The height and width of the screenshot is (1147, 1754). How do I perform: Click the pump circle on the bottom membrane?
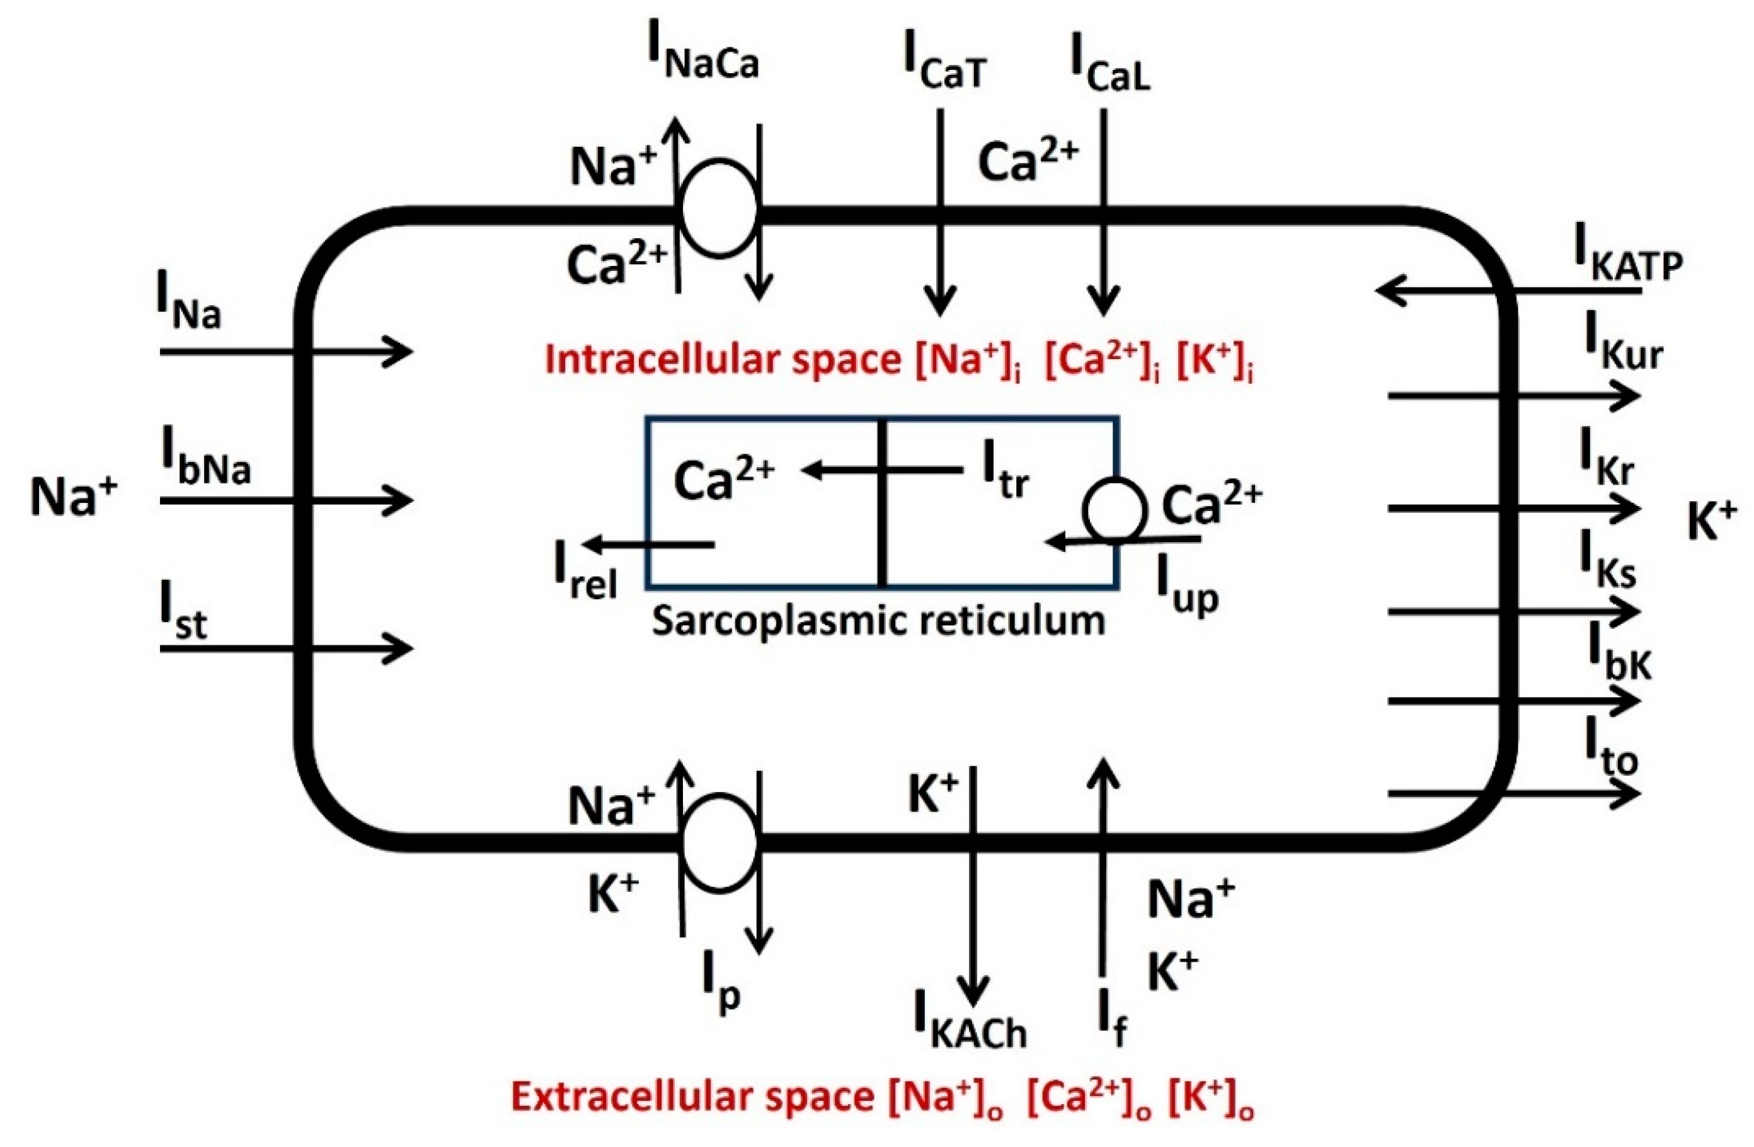tap(719, 844)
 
